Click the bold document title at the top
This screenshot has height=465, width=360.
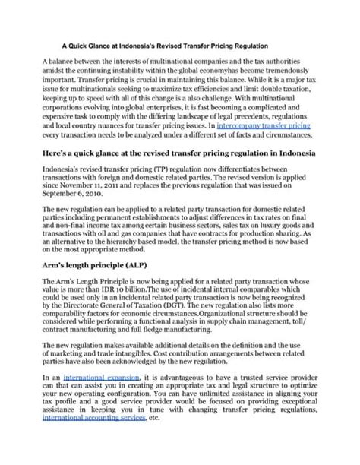click(x=180, y=44)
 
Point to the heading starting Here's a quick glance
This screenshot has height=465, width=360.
click(x=179, y=153)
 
